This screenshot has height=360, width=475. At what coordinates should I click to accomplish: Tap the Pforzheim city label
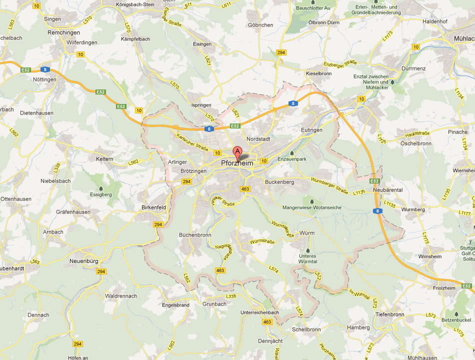pos(237,163)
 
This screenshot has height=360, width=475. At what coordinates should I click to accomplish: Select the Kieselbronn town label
pos(318,73)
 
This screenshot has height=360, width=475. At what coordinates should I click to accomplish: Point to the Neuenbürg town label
pos(84,261)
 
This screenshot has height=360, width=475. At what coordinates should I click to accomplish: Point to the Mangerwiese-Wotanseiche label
pos(312,207)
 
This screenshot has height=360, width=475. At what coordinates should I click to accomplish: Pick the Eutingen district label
pos(311,130)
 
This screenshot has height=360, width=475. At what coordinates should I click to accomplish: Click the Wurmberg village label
pos(412,209)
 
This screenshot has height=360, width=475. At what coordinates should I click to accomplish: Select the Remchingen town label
pos(63,32)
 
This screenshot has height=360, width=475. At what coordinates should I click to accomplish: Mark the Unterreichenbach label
pos(259,312)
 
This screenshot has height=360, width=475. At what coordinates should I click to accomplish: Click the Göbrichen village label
pos(260,24)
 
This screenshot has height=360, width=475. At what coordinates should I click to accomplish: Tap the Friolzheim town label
pos(446,288)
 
